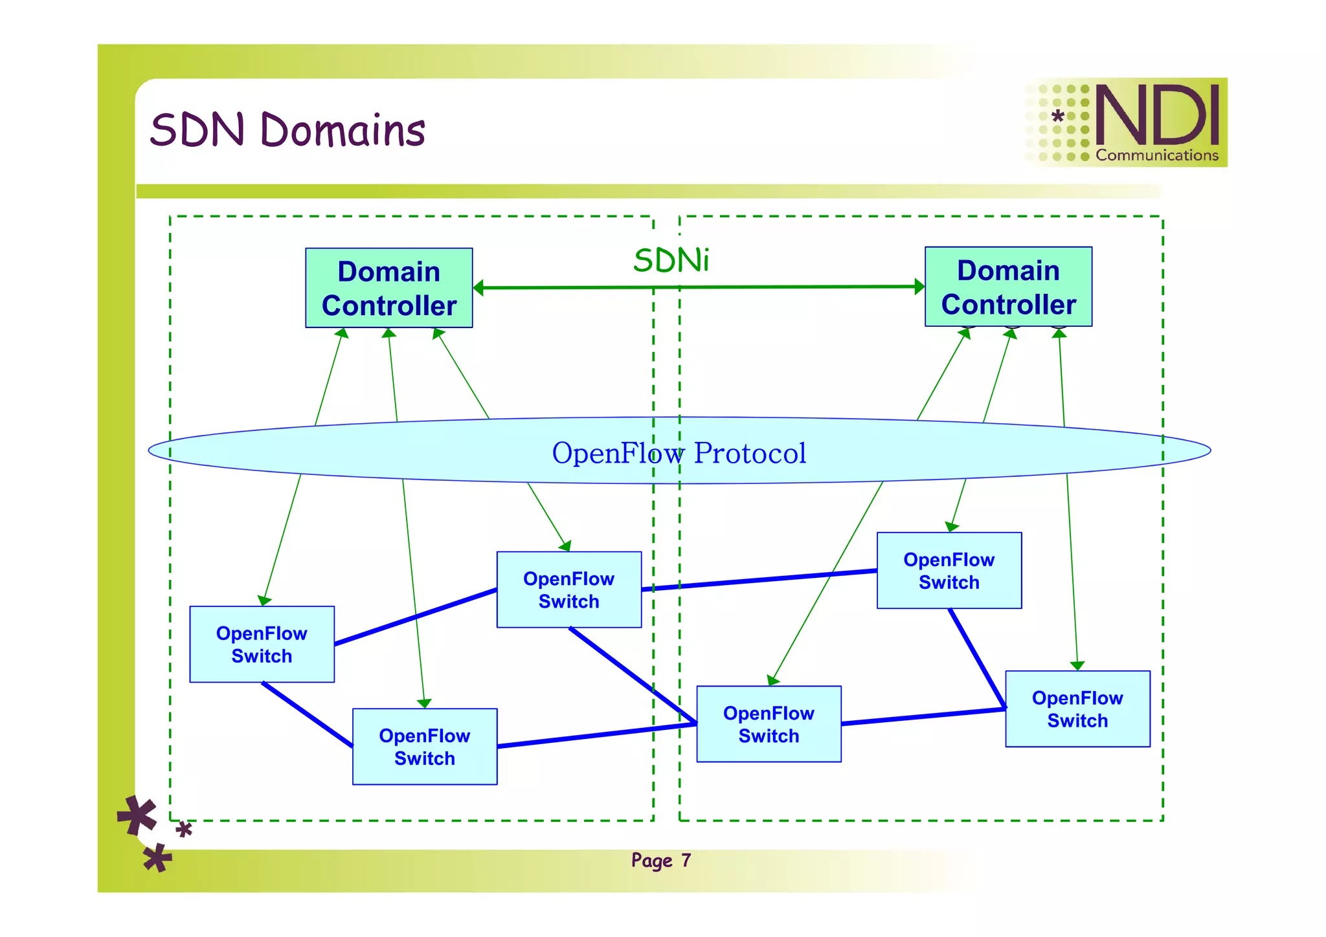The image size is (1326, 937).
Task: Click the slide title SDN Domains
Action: point(287,129)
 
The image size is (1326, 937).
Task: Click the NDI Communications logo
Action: point(1125,122)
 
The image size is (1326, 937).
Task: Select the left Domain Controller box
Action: point(389,288)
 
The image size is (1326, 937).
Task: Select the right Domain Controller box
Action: point(1009,287)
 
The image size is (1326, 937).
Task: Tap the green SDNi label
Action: point(671,260)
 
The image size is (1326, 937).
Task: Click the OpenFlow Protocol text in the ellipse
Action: point(679,452)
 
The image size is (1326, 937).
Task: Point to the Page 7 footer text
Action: point(661,861)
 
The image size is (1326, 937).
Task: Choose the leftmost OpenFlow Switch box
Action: point(262,645)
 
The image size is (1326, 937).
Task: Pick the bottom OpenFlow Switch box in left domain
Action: point(425,747)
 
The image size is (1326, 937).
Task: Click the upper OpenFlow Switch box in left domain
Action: point(569,590)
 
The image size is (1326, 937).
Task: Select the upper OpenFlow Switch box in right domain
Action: point(949,571)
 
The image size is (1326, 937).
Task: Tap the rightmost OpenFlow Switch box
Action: point(1078,709)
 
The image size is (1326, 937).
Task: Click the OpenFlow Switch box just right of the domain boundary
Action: point(769,724)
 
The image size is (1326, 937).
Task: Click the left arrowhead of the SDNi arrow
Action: point(478,288)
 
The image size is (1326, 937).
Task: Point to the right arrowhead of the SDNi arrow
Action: point(919,287)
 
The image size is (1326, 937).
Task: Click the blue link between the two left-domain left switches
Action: point(308,714)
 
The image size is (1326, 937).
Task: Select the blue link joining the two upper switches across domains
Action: point(759,580)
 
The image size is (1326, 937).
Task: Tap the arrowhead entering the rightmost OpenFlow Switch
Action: point(1077,666)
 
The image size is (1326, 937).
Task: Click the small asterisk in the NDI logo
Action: point(1058,116)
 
